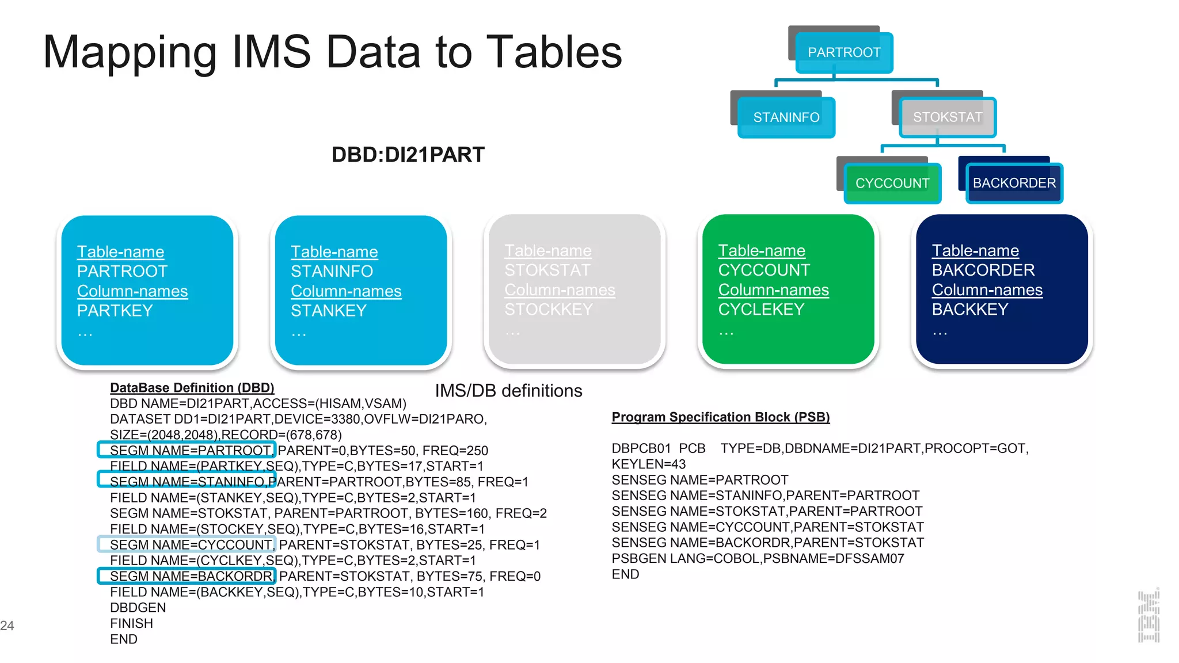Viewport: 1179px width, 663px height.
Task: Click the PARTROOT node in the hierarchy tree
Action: pyautogui.click(x=843, y=52)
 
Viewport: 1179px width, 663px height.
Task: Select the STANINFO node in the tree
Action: pyautogui.click(x=786, y=117)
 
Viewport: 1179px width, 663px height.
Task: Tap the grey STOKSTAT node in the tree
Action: pyautogui.click(x=948, y=117)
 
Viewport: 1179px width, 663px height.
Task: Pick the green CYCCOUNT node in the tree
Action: pyautogui.click(x=892, y=183)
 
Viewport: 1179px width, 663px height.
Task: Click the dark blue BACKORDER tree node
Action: pyautogui.click(x=1014, y=183)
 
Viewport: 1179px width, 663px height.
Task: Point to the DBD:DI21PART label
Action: pyautogui.click(x=408, y=155)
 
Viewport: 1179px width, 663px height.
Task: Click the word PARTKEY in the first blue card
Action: pyautogui.click(x=115, y=311)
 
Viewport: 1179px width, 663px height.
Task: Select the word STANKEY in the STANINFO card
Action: pyautogui.click(x=329, y=311)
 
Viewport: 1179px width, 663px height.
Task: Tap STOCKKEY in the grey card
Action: pyautogui.click(x=548, y=310)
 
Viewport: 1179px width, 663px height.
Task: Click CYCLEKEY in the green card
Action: pyautogui.click(x=761, y=310)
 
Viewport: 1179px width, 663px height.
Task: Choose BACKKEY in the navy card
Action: pyautogui.click(x=970, y=310)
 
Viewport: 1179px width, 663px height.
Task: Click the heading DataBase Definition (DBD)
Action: pyautogui.click(x=192, y=388)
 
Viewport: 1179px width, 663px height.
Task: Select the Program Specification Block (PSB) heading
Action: pyautogui.click(x=720, y=417)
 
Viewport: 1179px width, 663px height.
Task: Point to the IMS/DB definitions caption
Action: pyautogui.click(x=508, y=391)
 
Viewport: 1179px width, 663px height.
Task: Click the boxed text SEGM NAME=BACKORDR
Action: pyautogui.click(x=187, y=576)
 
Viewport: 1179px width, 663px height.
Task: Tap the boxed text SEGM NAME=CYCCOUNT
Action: pyautogui.click(x=187, y=544)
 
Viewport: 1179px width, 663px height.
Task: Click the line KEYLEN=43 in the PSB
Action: pyautogui.click(x=649, y=464)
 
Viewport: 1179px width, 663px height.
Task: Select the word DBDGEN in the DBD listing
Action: pyautogui.click(x=138, y=608)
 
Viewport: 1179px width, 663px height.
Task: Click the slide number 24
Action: pyautogui.click(x=7, y=626)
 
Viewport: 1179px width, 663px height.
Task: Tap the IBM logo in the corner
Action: pyautogui.click(x=1148, y=616)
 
